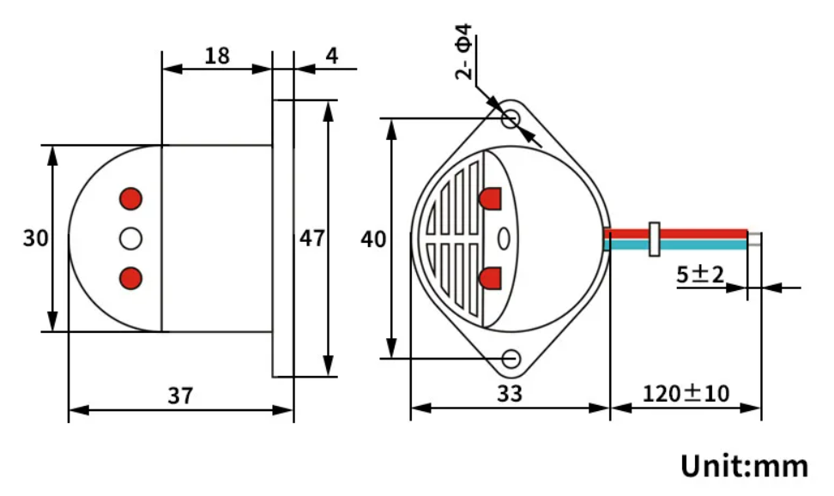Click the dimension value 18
(217, 56)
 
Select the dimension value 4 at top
(331, 56)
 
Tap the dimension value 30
(35, 238)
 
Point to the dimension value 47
(311, 238)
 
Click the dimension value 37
(180, 396)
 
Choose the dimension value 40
(373, 239)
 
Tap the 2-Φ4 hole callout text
(463, 53)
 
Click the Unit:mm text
(744, 466)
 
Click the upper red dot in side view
(130, 198)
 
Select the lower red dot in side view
(130, 278)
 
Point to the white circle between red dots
(130, 239)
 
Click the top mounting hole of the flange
(511, 118)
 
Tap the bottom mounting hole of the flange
(512, 358)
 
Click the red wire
(695, 233)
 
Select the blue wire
(695, 245)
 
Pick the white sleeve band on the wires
(655, 239)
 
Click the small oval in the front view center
(504, 238)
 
